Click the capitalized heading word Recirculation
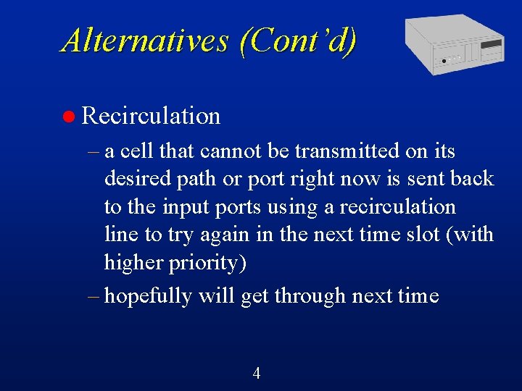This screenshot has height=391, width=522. [151, 116]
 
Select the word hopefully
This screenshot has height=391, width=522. [149, 296]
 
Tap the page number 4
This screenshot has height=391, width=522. [256, 374]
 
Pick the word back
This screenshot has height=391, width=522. [472, 179]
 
